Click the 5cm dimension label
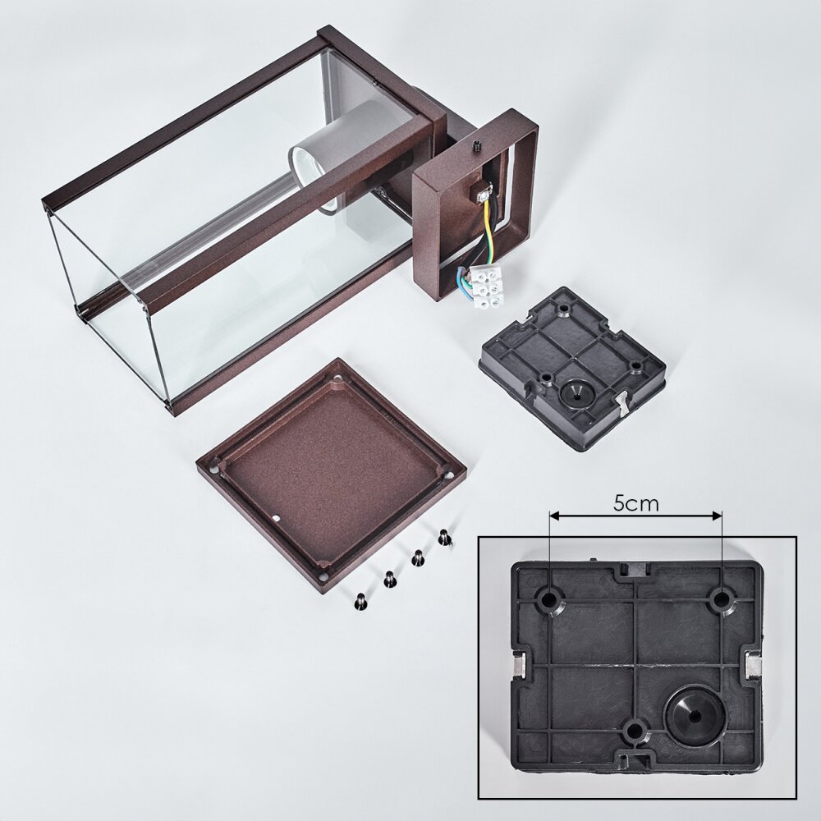pos(635,504)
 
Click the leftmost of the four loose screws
pos(360,602)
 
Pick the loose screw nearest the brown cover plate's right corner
pos(444,538)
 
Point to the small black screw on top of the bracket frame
pos(476,147)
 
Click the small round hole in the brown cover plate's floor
pos(277,518)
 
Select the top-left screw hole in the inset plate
pos(549,599)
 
